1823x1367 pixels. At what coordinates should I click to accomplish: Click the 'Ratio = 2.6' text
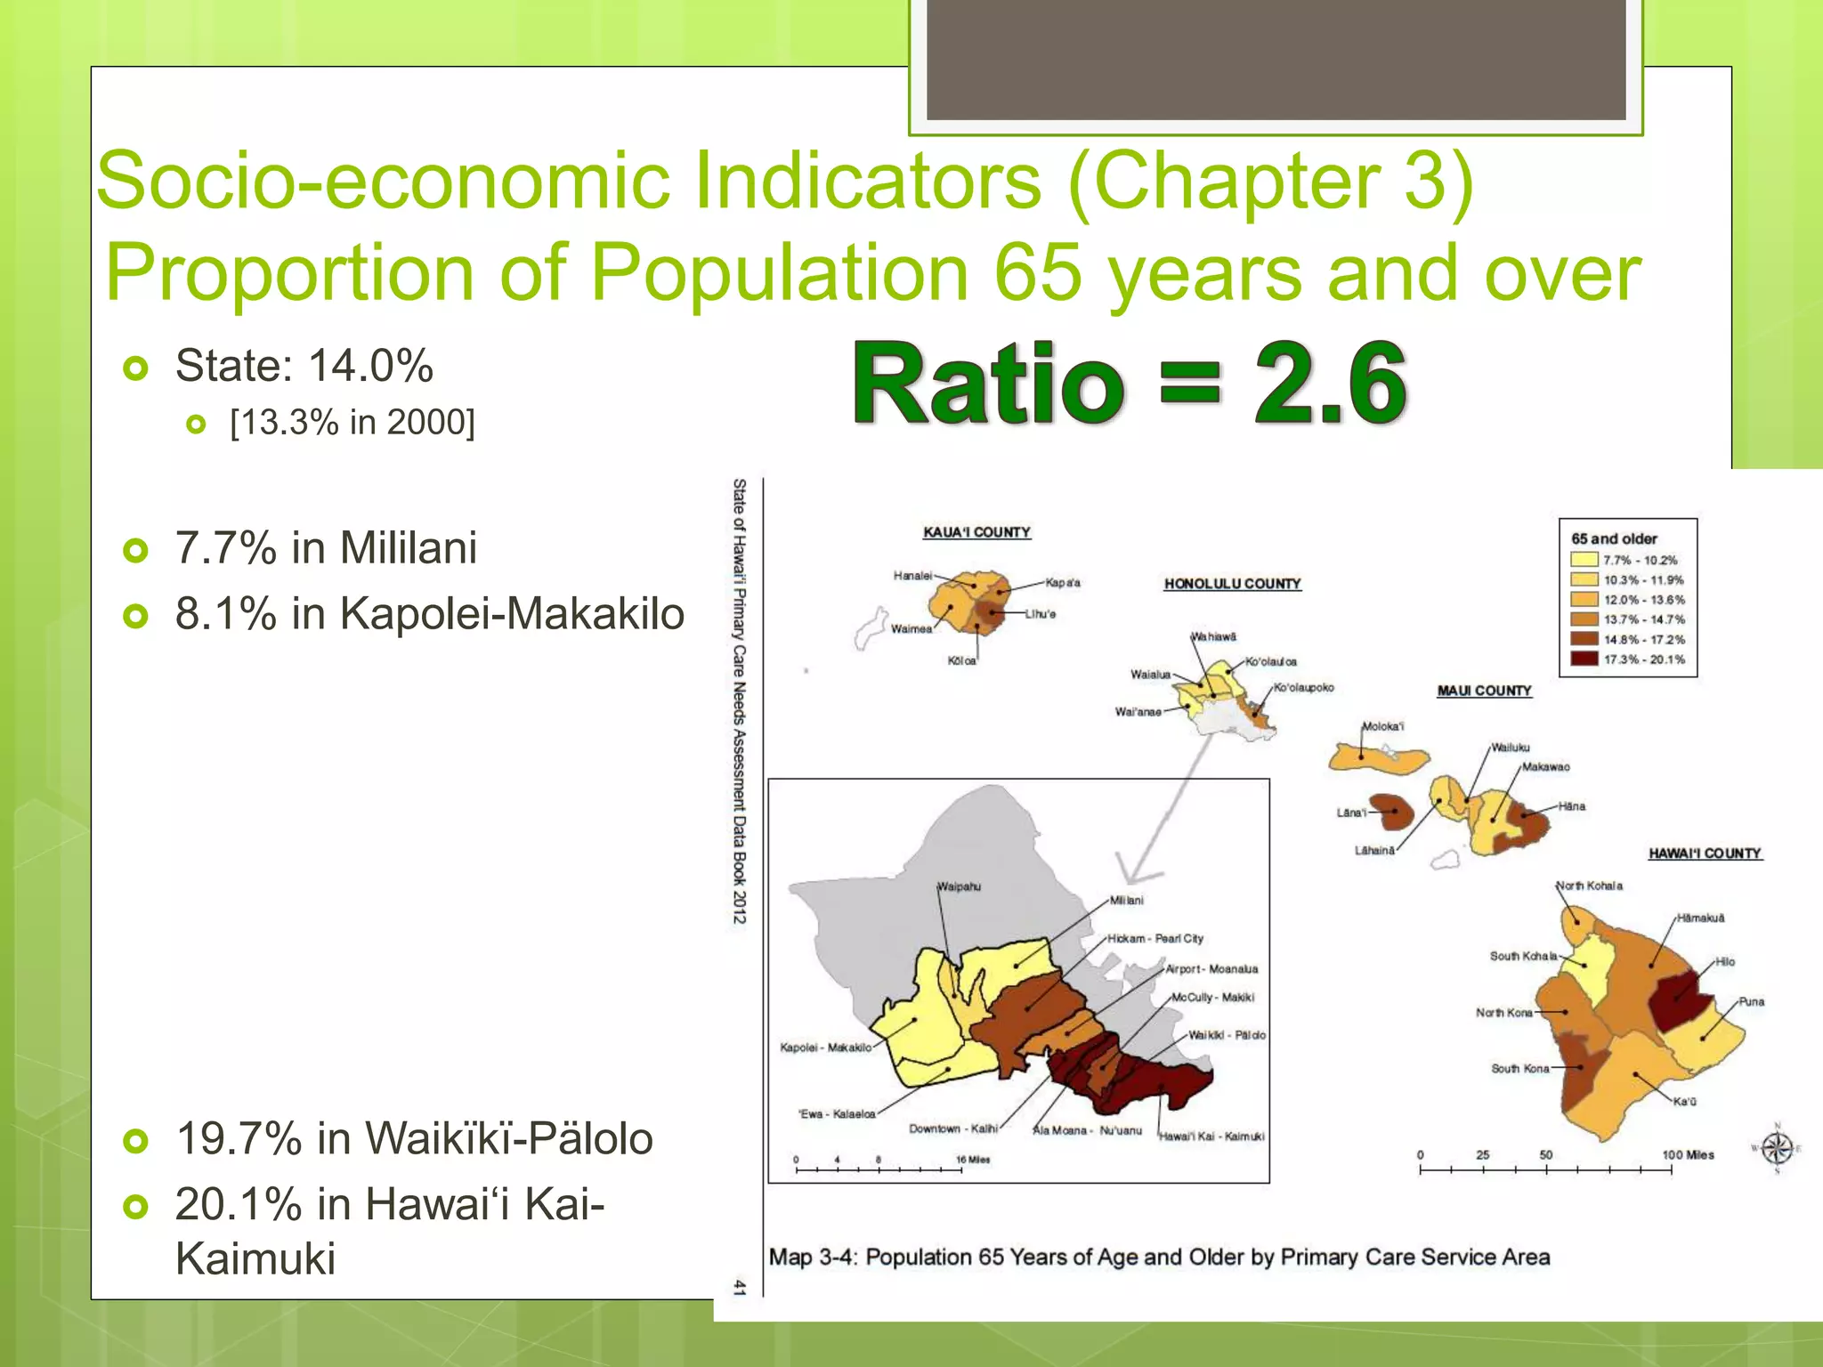tap(1129, 384)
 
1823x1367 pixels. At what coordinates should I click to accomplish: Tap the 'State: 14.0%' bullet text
tap(304, 366)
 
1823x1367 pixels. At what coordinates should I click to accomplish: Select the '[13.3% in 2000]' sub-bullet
tap(352, 422)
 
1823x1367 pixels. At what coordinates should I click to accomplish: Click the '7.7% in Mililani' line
tap(326, 547)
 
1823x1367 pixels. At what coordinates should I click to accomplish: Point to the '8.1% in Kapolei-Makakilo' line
tap(429, 614)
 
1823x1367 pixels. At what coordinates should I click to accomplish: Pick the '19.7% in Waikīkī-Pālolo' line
tap(414, 1138)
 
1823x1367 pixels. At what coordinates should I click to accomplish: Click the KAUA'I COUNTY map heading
tap(976, 532)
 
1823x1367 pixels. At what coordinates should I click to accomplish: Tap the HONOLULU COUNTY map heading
tap(1232, 584)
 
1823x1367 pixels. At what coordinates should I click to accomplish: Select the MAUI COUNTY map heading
tap(1484, 691)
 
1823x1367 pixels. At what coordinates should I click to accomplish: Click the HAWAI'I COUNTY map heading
tap(1704, 853)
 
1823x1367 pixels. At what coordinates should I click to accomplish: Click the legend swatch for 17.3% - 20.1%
tap(1584, 659)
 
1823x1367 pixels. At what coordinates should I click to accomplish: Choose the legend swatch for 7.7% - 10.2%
tap(1584, 560)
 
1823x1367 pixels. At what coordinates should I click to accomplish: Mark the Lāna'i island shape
tap(1394, 811)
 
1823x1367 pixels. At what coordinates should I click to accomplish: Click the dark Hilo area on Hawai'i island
tap(1679, 999)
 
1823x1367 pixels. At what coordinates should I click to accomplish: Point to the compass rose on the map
tap(1777, 1148)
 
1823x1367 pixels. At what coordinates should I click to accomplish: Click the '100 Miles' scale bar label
tap(1688, 1154)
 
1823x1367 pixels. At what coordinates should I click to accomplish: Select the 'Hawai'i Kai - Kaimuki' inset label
tap(1211, 1136)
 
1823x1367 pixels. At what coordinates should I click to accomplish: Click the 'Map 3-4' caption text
tap(1159, 1257)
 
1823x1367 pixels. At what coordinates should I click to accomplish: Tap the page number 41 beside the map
tap(739, 1287)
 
